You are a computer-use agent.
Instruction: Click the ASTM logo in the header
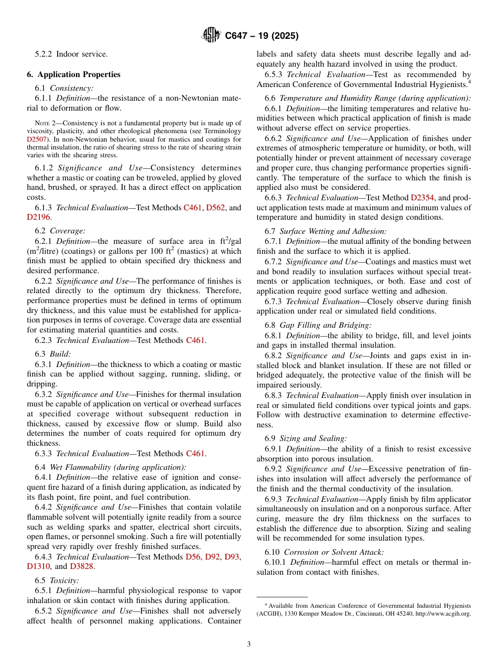(x=211, y=36)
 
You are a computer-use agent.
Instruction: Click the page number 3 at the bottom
(x=249, y=644)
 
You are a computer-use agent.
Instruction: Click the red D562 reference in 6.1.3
(x=215, y=208)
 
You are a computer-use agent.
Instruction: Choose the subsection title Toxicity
(x=64, y=580)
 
